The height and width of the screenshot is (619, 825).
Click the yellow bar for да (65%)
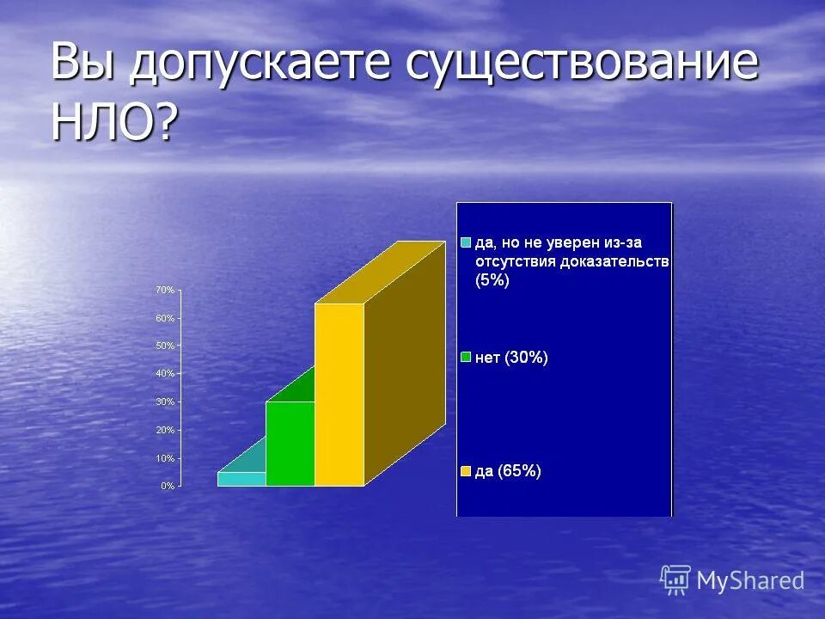pos(339,395)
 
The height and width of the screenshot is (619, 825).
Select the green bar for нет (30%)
pos(290,444)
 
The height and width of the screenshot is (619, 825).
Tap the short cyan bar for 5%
pos(241,479)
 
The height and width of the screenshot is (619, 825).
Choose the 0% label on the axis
pos(167,486)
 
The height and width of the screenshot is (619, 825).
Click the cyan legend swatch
pos(466,243)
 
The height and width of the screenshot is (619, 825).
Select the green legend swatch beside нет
pos(466,357)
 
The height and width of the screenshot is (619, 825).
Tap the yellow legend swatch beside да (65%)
pos(466,470)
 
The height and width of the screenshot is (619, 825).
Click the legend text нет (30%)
pos(511,358)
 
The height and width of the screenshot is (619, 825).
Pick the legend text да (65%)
pos(508,470)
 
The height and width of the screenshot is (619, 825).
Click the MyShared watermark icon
pos(675,580)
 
